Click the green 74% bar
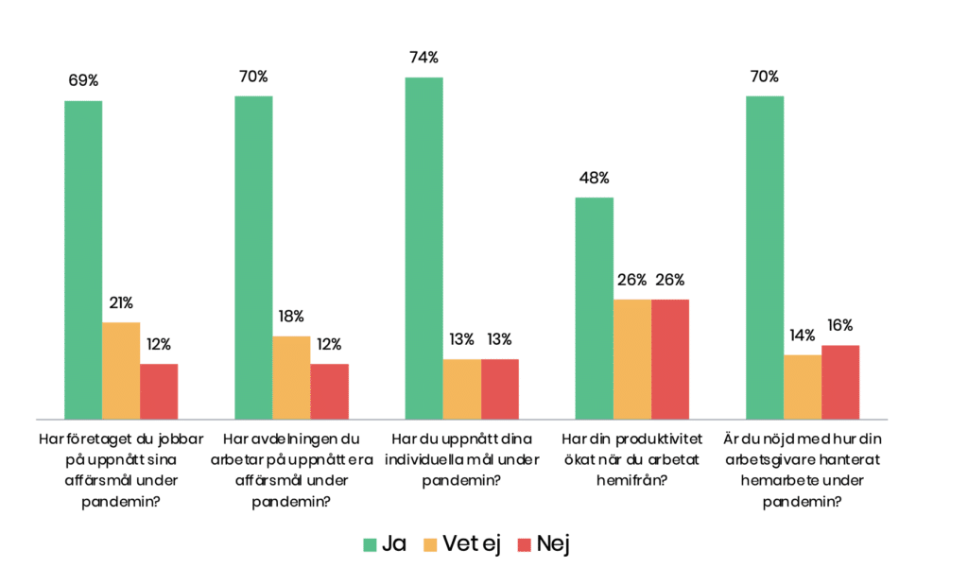click(423, 248)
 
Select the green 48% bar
click(594, 307)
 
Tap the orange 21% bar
click(121, 370)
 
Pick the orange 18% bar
click(291, 376)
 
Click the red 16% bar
click(839, 382)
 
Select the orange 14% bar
click(802, 387)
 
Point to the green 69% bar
click(83, 259)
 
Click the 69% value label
click(83, 80)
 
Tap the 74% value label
click(423, 58)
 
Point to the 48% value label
click(594, 178)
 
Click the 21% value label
click(121, 303)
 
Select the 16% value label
click(839, 326)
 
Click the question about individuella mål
click(462, 459)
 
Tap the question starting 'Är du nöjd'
click(801, 470)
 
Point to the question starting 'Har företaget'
click(120, 470)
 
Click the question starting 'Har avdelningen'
click(291, 470)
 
